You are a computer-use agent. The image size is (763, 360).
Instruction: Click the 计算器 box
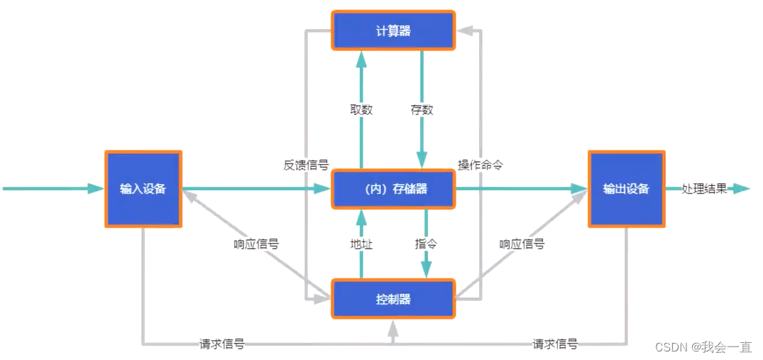pos(393,31)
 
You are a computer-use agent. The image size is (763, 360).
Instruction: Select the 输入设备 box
pos(143,189)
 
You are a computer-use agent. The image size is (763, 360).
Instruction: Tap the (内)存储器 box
pos(393,189)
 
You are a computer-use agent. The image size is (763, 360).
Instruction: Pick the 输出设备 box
pos(626,189)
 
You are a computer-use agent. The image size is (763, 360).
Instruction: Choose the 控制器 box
pos(393,299)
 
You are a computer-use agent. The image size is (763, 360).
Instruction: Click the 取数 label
pos(361,109)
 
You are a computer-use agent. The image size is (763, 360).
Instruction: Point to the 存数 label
pos(422,109)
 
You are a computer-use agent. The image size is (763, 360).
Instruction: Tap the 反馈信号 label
pos(306,165)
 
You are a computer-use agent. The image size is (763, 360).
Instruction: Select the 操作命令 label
pos(481,165)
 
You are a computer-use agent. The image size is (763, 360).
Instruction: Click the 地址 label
pos(361,244)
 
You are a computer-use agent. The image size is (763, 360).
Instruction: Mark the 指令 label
pos(426,244)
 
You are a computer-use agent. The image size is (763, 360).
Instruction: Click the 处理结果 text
pos(704,189)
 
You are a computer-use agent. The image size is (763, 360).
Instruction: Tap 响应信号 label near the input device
pos(256,244)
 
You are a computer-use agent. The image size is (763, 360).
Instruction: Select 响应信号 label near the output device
pos(522,244)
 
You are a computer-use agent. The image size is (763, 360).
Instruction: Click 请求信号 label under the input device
pos(222,344)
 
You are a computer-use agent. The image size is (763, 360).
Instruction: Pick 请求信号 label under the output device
pos(555,344)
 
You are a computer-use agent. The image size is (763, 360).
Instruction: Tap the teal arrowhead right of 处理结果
pos(741,189)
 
